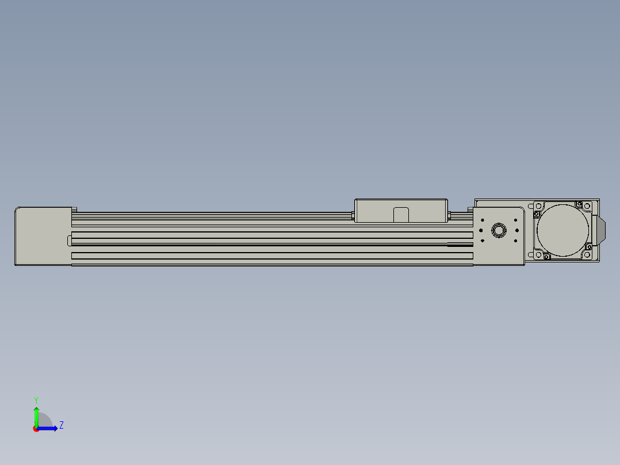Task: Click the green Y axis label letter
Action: [36, 400]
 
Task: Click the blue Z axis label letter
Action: [62, 425]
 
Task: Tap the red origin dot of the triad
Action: [36, 429]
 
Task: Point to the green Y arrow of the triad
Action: [36, 417]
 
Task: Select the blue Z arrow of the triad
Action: [47, 429]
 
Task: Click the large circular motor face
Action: [562, 230]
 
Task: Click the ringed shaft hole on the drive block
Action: [499, 230]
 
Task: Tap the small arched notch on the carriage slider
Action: [401, 215]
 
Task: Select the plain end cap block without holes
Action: [43, 236]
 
